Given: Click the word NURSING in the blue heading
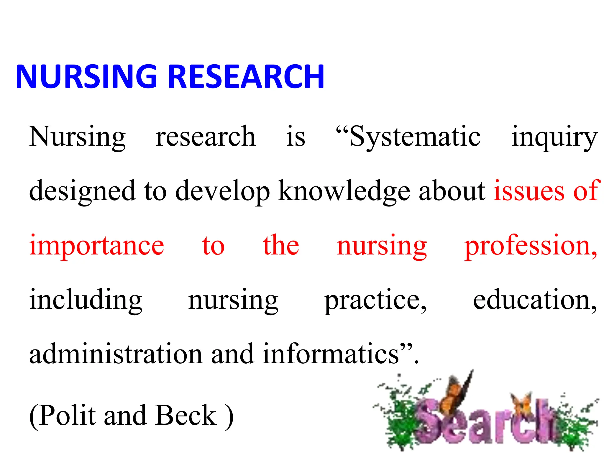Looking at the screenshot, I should (86, 76).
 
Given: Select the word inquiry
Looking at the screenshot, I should (554, 137).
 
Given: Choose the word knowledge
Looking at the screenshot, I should (344, 191).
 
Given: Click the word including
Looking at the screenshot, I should (86, 300).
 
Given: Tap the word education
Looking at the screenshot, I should (534, 300).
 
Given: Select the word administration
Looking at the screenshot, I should (116, 354).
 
